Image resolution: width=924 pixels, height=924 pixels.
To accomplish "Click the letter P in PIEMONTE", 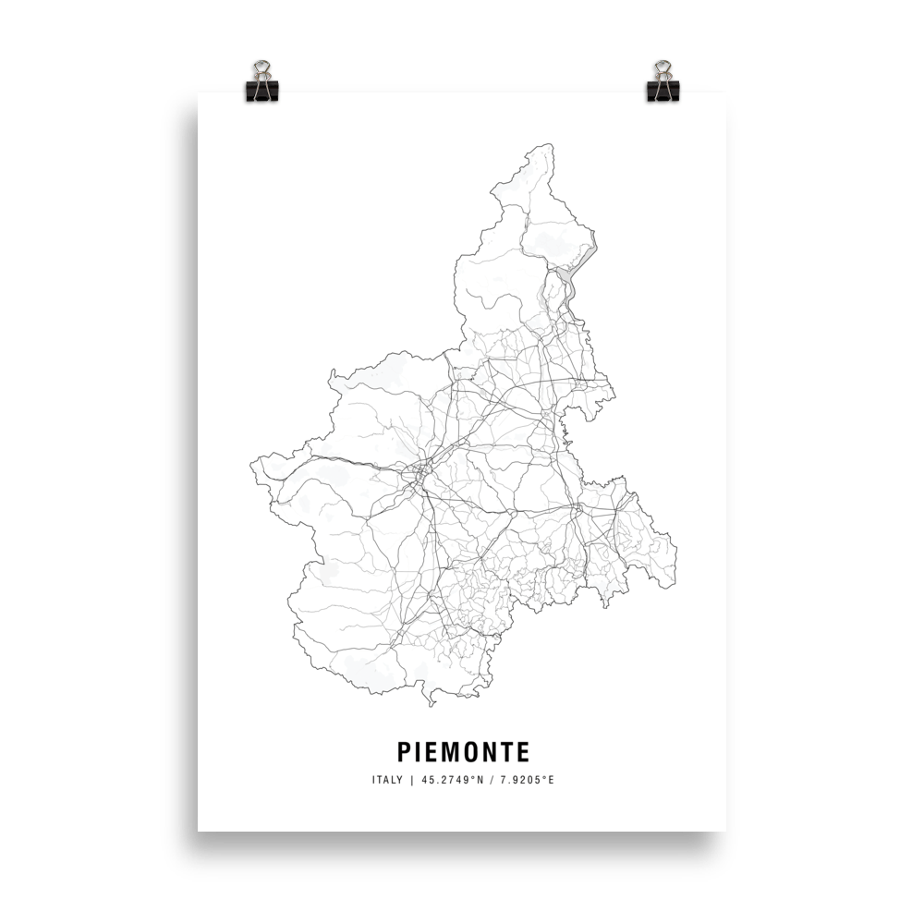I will (402, 748).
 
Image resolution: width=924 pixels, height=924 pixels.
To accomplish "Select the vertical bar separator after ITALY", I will (411, 780).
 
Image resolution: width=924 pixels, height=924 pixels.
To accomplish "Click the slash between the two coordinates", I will (491, 780).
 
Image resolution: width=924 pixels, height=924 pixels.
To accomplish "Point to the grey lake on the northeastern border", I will (570, 286).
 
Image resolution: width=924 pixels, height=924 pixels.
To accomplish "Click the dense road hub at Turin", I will (420, 474).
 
